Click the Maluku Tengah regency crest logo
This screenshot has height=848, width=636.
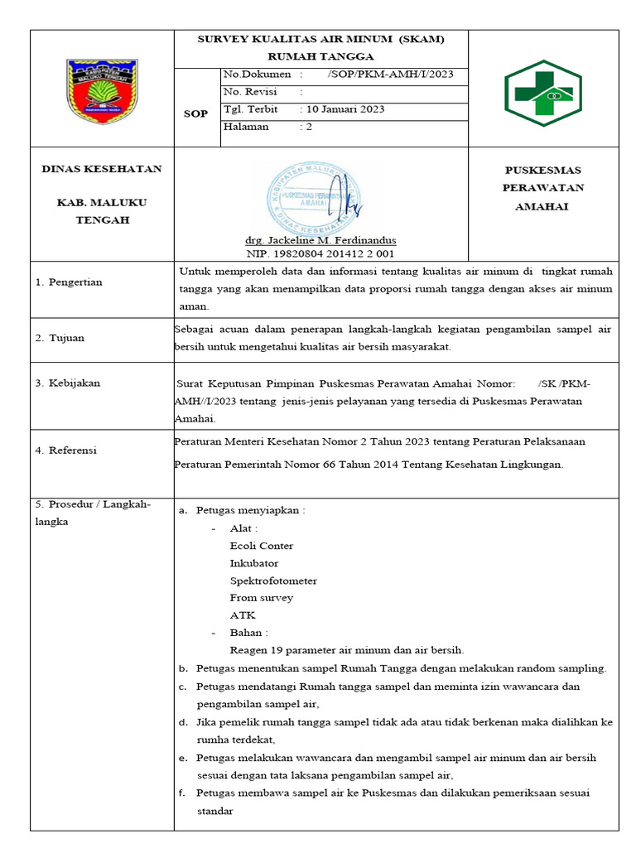pyautogui.click(x=102, y=89)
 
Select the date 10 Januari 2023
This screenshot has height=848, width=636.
pyautogui.click(x=345, y=109)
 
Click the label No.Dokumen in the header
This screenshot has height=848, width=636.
pyautogui.click(x=257, y=75)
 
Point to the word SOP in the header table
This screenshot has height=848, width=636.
pyautogui.click(x=195, y=114)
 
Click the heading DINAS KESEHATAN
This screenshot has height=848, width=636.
pyautogui.click(x=102, y=169)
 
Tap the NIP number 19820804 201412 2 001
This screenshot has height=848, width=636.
pyautogui.click(x=320, y=253)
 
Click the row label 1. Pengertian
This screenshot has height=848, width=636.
pyautogui.click(x=69, y=282)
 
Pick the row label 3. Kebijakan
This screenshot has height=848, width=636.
pyautogui.click(x=68, y=383)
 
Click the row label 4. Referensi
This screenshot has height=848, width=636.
pyautogui.click(x=66, y=450)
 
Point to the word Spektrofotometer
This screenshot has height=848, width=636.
pyautogui.click(x=273, y=581)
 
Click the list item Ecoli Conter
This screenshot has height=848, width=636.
pyautogui.click(x=262, y=546)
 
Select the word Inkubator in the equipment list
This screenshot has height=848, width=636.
pyautogui.click(x=254, y=563)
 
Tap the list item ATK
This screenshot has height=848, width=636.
pyautogui.click(x=243, y=615)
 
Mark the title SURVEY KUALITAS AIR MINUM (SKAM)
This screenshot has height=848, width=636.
pyautogui.click(x=320, y=40)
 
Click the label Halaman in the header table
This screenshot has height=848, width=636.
pyautogui.click(x=246, y=127)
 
